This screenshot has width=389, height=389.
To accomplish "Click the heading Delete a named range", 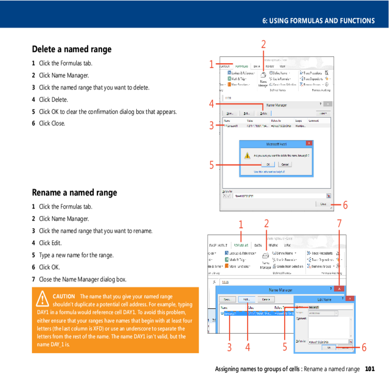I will click(72, 49).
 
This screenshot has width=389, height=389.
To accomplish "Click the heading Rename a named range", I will click(74, 193).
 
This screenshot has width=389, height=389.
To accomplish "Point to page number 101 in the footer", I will click(370, 369).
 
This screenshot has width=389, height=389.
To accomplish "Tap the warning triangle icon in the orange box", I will click(42, 299).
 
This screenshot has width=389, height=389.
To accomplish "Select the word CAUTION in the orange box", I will click(64, 296).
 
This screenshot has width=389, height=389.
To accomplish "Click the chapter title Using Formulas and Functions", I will click(318, 21).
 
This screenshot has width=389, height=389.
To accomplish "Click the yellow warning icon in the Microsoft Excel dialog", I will click(247, 156).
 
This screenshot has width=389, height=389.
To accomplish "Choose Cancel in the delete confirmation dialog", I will click(285, 164).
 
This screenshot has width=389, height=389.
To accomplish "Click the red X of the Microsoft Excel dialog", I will click(309, 143).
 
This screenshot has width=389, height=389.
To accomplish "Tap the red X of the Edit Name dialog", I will click(350, 299).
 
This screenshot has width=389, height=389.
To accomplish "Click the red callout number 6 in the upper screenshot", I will click(345, 205).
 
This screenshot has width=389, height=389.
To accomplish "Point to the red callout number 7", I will click(339, 223).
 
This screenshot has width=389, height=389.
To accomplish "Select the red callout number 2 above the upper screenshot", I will click(264, 44).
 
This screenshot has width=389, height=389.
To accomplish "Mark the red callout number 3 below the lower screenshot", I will click(229, 347).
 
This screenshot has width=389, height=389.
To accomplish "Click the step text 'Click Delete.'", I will click(53, 100).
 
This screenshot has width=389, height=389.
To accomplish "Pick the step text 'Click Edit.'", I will click(50, 243).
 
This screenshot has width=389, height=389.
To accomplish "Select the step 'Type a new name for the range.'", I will click(76, 255).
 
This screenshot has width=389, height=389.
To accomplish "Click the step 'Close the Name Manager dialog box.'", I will click(83, 279).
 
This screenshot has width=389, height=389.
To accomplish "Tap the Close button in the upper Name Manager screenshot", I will click(323, 204).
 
